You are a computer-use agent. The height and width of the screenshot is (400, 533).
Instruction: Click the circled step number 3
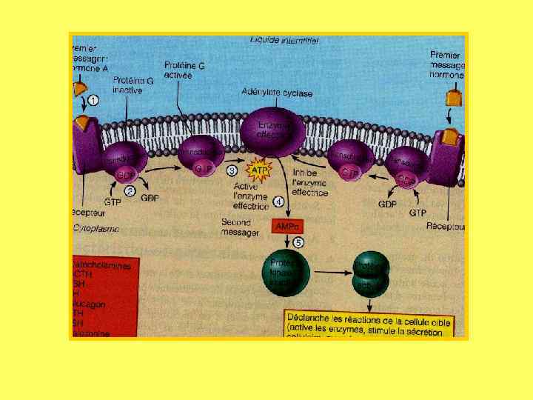click(232, 169)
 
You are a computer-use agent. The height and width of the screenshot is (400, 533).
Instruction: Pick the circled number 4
click(279, 201)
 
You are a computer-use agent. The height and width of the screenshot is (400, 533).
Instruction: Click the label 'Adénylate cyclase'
click(277, 93)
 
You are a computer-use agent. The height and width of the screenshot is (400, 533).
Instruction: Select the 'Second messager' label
click(241, 227)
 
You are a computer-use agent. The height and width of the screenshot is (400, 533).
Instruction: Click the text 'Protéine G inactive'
click(133, 84)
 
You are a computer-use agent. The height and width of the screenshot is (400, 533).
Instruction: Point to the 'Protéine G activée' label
click(186, 70)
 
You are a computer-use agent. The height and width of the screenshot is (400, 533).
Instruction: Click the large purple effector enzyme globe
click(272, 130)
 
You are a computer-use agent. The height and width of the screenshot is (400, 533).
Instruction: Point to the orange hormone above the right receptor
click(451, 97)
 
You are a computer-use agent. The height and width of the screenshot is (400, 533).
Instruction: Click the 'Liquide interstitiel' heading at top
click(284, 41)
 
